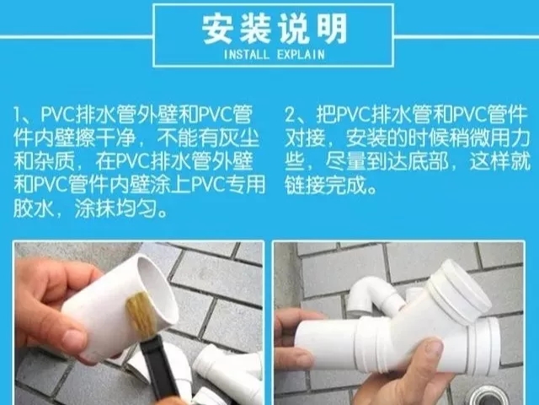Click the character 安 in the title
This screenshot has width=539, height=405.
[217, 29]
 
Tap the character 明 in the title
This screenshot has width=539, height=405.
[331, 29]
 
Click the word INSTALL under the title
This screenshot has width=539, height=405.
[247, 54]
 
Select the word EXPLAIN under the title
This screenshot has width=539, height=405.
[301, 54]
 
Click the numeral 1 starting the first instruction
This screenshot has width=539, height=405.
[17, 115]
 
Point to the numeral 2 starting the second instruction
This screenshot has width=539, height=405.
[290, 115]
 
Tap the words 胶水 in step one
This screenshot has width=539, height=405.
[34, 208]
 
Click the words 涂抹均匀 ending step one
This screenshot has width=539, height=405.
[115, 208]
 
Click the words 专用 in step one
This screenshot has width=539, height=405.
[245, 185]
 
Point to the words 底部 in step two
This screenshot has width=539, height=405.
[429, 161]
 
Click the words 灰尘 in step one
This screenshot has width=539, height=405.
[239, 138]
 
